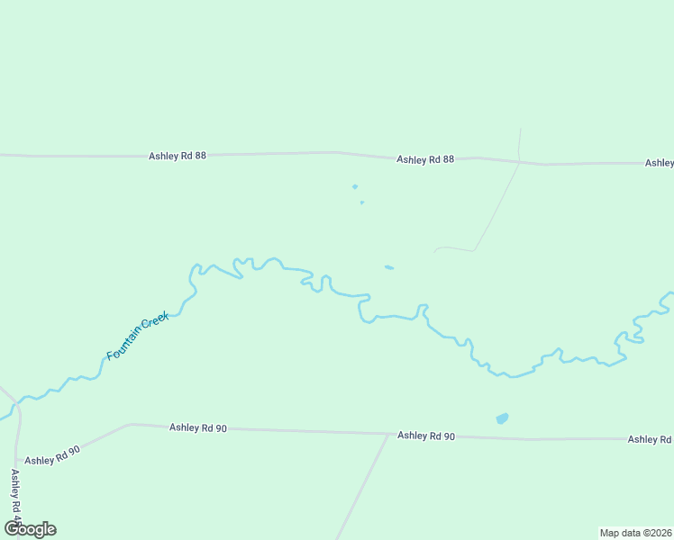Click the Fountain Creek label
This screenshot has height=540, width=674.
click(x=138, y=336)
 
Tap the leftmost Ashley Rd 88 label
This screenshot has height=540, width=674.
click(x=178, y=156)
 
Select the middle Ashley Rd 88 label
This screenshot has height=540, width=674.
click(x=425, y=159)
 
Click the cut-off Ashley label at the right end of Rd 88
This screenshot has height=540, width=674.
click(x=659, y=163)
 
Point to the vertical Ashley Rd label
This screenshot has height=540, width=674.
click(x=15, y=494)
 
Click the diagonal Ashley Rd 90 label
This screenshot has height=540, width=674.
click(x=52, y=455)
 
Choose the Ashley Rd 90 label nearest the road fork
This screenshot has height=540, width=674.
click(x=426, y=436)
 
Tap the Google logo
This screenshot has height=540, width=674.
click(x=30, y=529)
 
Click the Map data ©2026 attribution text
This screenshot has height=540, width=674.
click(x=635, y=533)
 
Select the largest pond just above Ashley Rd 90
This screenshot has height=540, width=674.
click(x=502, y=418)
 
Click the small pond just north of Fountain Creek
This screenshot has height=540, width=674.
click(x=388, y=267)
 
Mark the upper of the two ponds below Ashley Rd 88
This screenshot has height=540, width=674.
click(x=355, y=186)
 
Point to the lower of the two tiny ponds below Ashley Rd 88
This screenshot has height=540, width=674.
click(x=361, y=202)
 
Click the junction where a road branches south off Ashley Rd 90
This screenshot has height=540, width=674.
click(x=389, y=434)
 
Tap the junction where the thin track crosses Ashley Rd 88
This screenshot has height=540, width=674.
click(x=519, y=162)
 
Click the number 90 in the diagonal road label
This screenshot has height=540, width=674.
click(x=73, y=448)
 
